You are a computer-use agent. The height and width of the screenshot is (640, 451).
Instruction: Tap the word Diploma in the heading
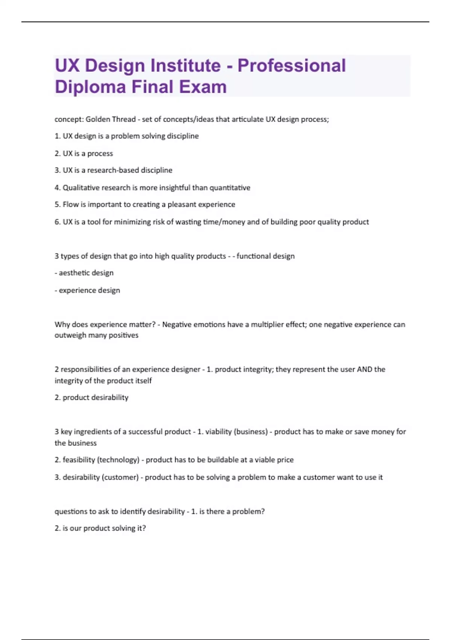[90, 87]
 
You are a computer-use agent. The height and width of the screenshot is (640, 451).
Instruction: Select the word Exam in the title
[203, 87]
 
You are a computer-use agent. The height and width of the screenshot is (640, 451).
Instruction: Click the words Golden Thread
[110, 119]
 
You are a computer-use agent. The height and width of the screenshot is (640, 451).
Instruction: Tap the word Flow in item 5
[71, 204]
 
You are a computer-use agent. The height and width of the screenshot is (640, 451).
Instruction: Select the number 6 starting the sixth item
[57, 222]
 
